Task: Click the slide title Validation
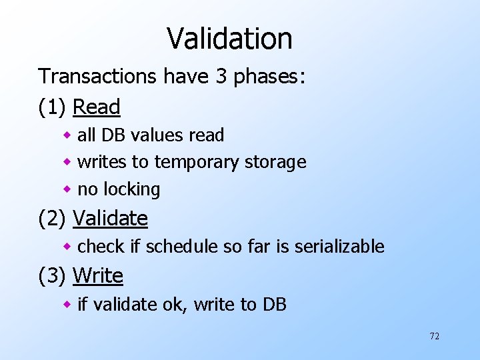pos(229,38)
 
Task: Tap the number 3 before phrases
pos(221,76)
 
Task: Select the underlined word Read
pos(97,107)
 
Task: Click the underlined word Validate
pos(110,218)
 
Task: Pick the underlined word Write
pos(98,275)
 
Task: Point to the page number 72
pos(434,336)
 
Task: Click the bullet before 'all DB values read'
pos(67,135)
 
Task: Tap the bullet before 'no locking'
pos(67,190)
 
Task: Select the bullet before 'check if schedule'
pos(67,247)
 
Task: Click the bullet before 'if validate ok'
pos(67,305)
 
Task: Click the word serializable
pos(339,247)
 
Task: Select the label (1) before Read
pos(53,107)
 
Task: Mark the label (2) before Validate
pos(53,218)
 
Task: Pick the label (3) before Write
pos(53,275)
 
